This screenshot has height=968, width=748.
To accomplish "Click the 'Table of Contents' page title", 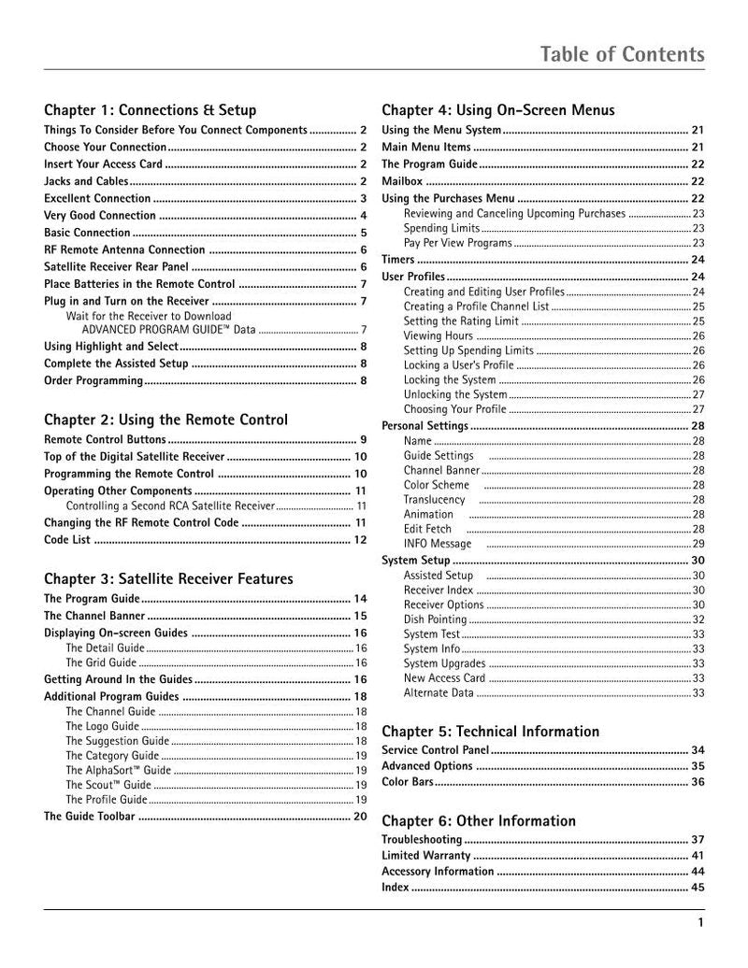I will [623, 55].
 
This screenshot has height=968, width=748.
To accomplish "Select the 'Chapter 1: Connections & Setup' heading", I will [151, 110].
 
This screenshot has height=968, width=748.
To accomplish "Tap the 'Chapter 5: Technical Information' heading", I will [491, 731].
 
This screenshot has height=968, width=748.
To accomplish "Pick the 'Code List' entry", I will [68, 539].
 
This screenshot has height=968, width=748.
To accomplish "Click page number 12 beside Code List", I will [359, 539].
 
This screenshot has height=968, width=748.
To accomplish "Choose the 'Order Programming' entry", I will [93, 380].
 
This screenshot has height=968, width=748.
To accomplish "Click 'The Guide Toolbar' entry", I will [90, 816].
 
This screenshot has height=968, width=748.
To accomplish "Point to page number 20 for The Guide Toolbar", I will [359, 816].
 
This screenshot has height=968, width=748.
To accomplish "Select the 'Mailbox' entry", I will [402, 181].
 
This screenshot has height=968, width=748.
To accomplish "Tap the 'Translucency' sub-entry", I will [435, 499].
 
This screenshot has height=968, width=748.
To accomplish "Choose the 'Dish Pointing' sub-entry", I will [436, 619].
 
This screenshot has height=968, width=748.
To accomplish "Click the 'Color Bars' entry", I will [408, 781].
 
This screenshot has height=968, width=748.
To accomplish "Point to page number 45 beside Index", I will [697, 888].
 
